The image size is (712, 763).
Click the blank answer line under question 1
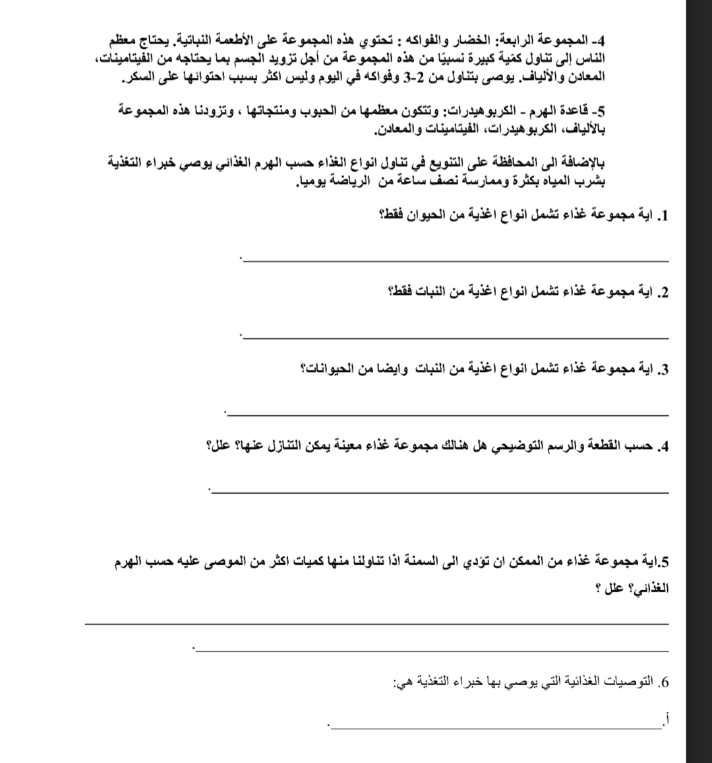[x=455, y=261]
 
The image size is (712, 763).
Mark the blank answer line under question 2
[x=455, y=338]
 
